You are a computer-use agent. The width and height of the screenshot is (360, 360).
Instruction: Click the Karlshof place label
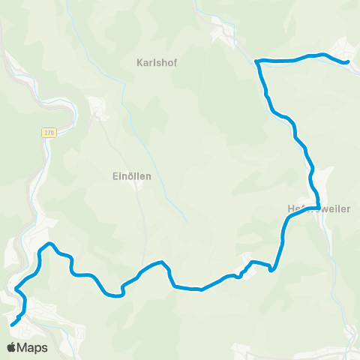click(155, 61)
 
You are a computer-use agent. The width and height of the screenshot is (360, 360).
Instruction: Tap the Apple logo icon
click(12, 347)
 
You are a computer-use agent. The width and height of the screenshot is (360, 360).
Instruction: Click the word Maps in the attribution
click(33, 348)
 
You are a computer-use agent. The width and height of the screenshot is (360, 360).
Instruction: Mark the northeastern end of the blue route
click(347, 62)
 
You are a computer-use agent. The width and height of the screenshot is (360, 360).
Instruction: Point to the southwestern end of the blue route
click(13, 324)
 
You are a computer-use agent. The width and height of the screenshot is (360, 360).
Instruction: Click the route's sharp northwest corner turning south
click(257, 61)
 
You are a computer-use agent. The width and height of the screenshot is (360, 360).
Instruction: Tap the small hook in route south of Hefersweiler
click(271, 269)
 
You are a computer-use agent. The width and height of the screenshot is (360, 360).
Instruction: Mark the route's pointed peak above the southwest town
click(49, 244)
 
